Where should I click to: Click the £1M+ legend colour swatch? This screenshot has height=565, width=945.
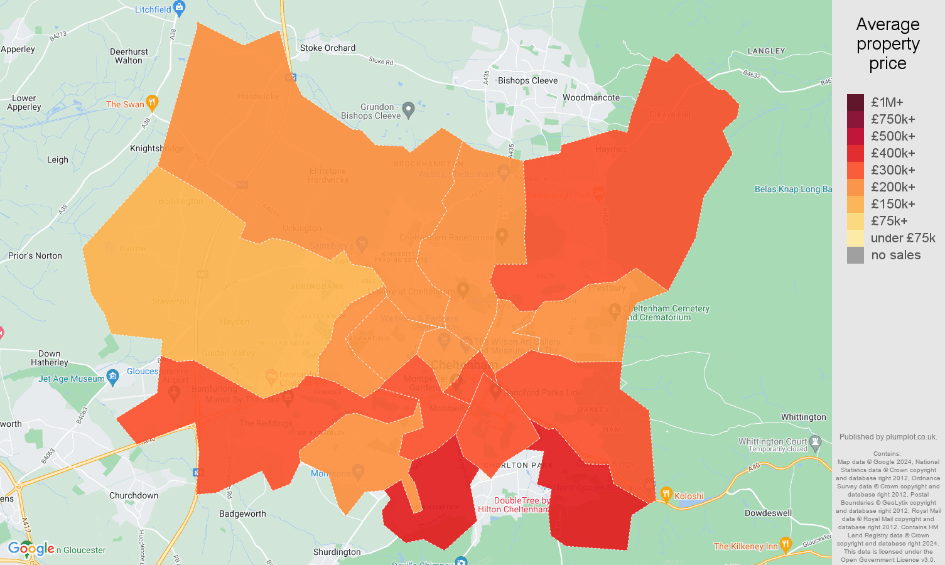pos(855,102)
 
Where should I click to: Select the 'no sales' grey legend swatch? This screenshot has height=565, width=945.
pos(855,255)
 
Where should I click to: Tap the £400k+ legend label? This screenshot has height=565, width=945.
pos(893,153)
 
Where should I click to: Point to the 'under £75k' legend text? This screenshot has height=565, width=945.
pos(903,238)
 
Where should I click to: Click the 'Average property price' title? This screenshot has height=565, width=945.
pos(888,44)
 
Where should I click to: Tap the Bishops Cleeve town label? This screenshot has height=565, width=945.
pos(527,80)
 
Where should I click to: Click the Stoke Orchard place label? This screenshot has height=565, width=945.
pos(328,48)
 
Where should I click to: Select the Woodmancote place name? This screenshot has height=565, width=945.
pos(591,97)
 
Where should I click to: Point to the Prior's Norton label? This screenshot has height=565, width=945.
pos(35,256)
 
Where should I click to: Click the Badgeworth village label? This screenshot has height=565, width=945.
pos(242,514)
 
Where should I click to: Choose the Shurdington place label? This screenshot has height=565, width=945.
pos(337,552)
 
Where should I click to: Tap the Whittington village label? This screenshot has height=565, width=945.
pos(803,417)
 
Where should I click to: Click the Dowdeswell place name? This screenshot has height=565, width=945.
pos(768,513)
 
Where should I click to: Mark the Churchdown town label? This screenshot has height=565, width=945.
pos(134,495)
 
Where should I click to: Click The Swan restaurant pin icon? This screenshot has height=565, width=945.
pos(151,102)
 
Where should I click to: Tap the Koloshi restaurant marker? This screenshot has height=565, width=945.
pos(666,494)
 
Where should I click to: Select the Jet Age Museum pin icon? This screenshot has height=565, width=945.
pos(113,377)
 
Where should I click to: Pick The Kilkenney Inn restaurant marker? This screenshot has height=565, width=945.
pos(785,544)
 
